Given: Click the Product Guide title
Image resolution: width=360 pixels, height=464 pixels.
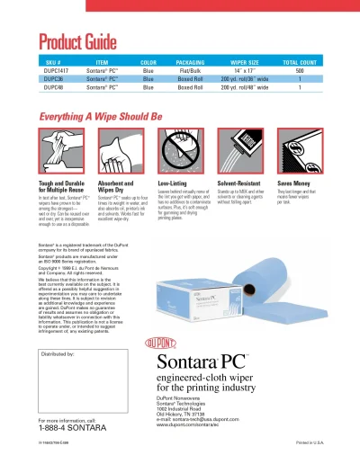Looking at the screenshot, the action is tap(77, 41).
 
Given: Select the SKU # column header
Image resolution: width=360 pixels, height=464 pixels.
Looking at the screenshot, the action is tap(51, 63).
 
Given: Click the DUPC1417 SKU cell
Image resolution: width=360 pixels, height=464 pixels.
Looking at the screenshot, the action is tap(51, 71).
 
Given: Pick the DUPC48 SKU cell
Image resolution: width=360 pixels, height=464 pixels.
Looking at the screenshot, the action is tap(51, 88).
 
